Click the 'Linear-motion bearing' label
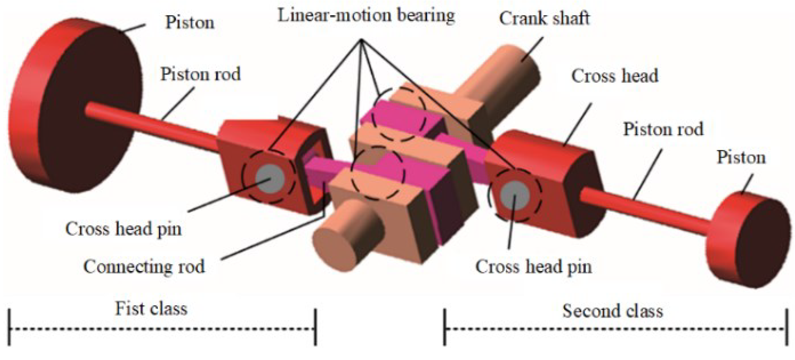coord(366,16)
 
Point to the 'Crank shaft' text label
coord(544,18)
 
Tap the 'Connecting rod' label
coord(144,266)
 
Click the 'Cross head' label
coord(615,76)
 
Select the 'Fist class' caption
coord(151,309)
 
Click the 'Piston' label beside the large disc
coord(190,23)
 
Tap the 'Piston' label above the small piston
coord(741,157)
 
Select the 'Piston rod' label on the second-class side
coord(663,129)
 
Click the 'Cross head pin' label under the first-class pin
coord(123,229)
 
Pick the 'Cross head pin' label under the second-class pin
coord(533,266)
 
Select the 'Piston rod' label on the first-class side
coord(200,74)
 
